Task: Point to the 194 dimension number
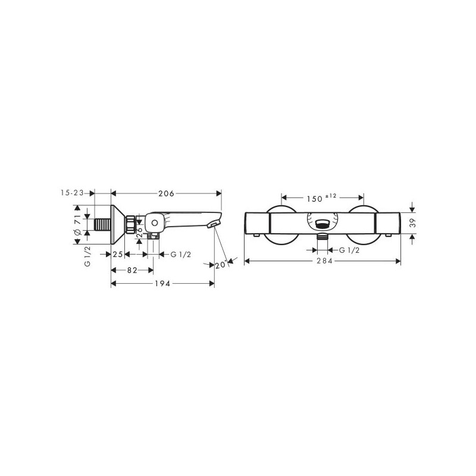click(164, 284)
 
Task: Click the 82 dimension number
click(132, 270)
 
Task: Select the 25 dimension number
click(118, 255)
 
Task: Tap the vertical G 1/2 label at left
click(87, 255)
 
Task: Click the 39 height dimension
click(419, 223)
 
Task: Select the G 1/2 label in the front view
click(348, 251)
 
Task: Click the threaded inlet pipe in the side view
click(103, 225)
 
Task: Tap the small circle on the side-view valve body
click(154, 224)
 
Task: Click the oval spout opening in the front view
click(322, 224)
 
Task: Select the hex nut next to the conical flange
click(130, 225)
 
